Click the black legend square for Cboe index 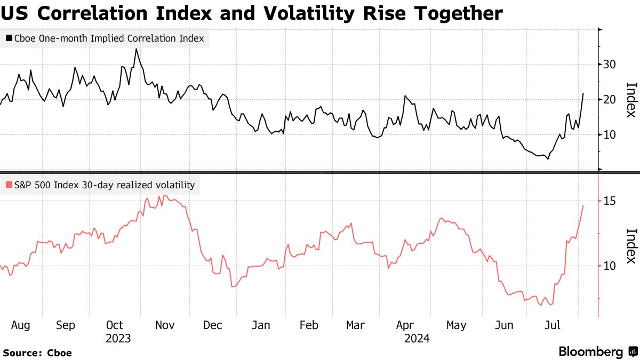[x=9, y=38]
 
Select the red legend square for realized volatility [x=9, y=186]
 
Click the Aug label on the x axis [x=20, y=325]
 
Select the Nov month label [x=164, y=325]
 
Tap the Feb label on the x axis [x=309, y=325]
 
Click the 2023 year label [x=118, y=338]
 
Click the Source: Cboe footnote [x=37, y=353]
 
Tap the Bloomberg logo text [x=591, y=352]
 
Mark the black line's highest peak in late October [x=136, y=49]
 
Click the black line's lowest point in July [x=548, y=159]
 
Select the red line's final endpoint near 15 [x=583, y=205]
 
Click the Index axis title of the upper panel [x=631, y=100]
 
